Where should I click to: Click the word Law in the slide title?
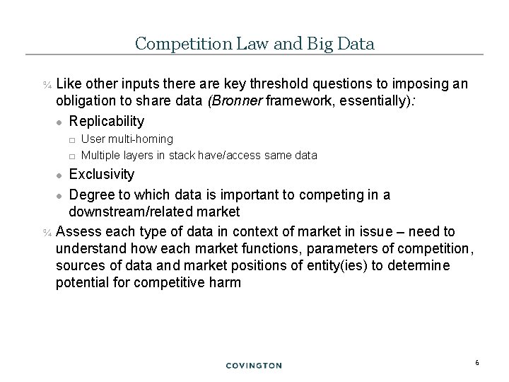[246, 43]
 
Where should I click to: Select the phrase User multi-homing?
[127, 140]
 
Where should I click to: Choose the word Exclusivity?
[101, 174]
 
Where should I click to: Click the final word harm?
[226, 283]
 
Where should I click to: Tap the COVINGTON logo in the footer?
[254, 366]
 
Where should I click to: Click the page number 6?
[477, 363]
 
